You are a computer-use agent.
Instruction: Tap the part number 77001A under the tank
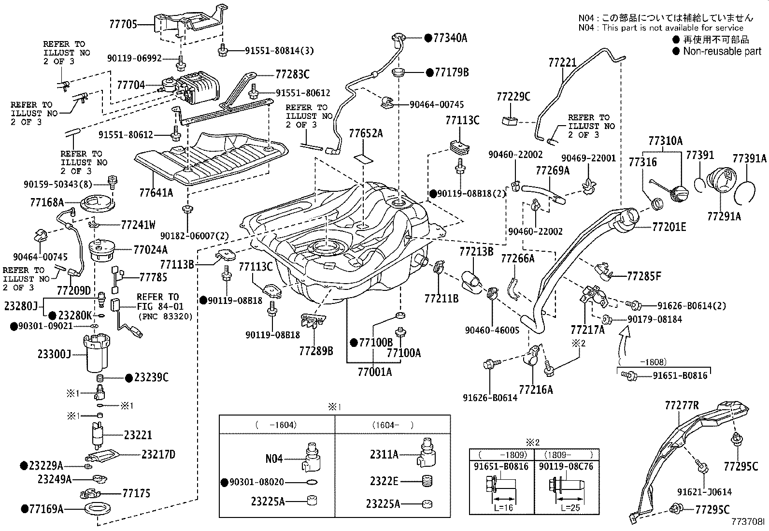[x=374, y=372]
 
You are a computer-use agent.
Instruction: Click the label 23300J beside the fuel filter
[x=54, y=354]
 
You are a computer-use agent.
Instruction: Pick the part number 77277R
[x=681, y=406]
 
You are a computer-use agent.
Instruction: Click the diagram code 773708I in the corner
[x=748, y=522]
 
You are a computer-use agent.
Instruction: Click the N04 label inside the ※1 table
[x=273, y=458]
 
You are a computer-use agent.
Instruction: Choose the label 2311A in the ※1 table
[x=384, y=454]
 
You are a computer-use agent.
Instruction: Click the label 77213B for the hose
[x=476, y=252]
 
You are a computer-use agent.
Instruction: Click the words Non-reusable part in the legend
[x=722, y=51]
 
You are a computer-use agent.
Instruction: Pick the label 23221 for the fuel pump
[x=138, y=435]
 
